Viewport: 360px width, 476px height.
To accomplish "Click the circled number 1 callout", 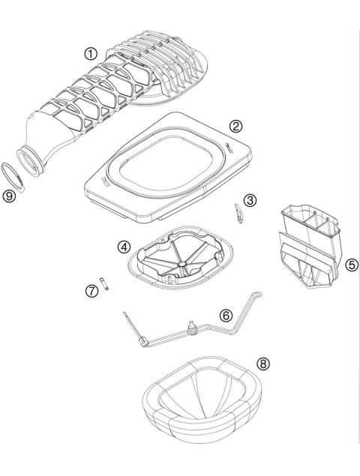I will pos(91,54).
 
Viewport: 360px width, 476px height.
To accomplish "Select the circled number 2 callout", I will pos(236,126).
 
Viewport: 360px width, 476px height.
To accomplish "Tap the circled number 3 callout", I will pos(250,200).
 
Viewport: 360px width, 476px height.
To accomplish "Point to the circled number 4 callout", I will pos(122,245).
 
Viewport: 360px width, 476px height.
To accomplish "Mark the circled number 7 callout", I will pos(92,291).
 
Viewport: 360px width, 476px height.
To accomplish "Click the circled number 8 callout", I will pos(262,364).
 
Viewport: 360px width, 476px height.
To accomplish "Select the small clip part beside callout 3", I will pos(238,212).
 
